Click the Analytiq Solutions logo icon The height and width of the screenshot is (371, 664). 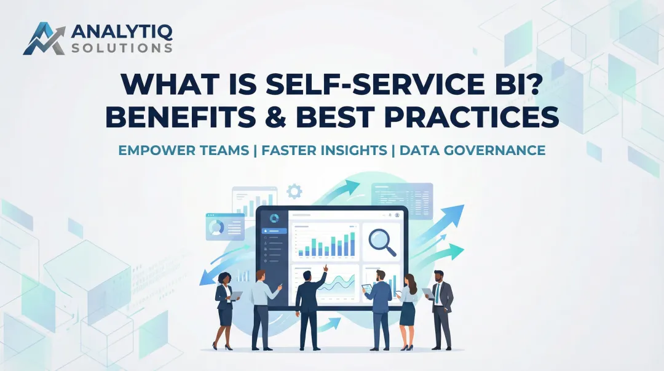(44, 38)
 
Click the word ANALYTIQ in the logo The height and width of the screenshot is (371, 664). (122, 31)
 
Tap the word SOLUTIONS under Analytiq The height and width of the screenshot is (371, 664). (121, 47)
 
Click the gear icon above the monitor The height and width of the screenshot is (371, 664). (294, 191)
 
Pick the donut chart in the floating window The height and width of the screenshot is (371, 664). (216, 228)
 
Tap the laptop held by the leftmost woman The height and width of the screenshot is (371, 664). (237, 295)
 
